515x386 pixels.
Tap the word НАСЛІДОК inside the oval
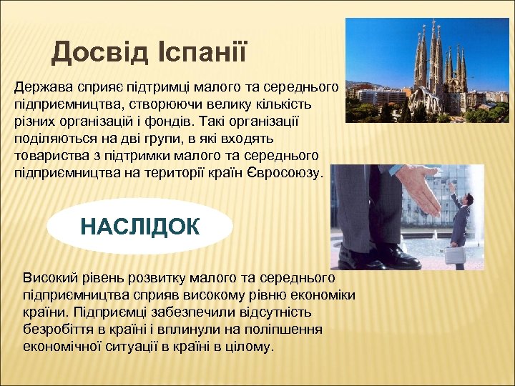[140, 227]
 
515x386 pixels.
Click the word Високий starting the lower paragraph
[47, 277]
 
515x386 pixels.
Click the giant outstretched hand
[421, 194]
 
